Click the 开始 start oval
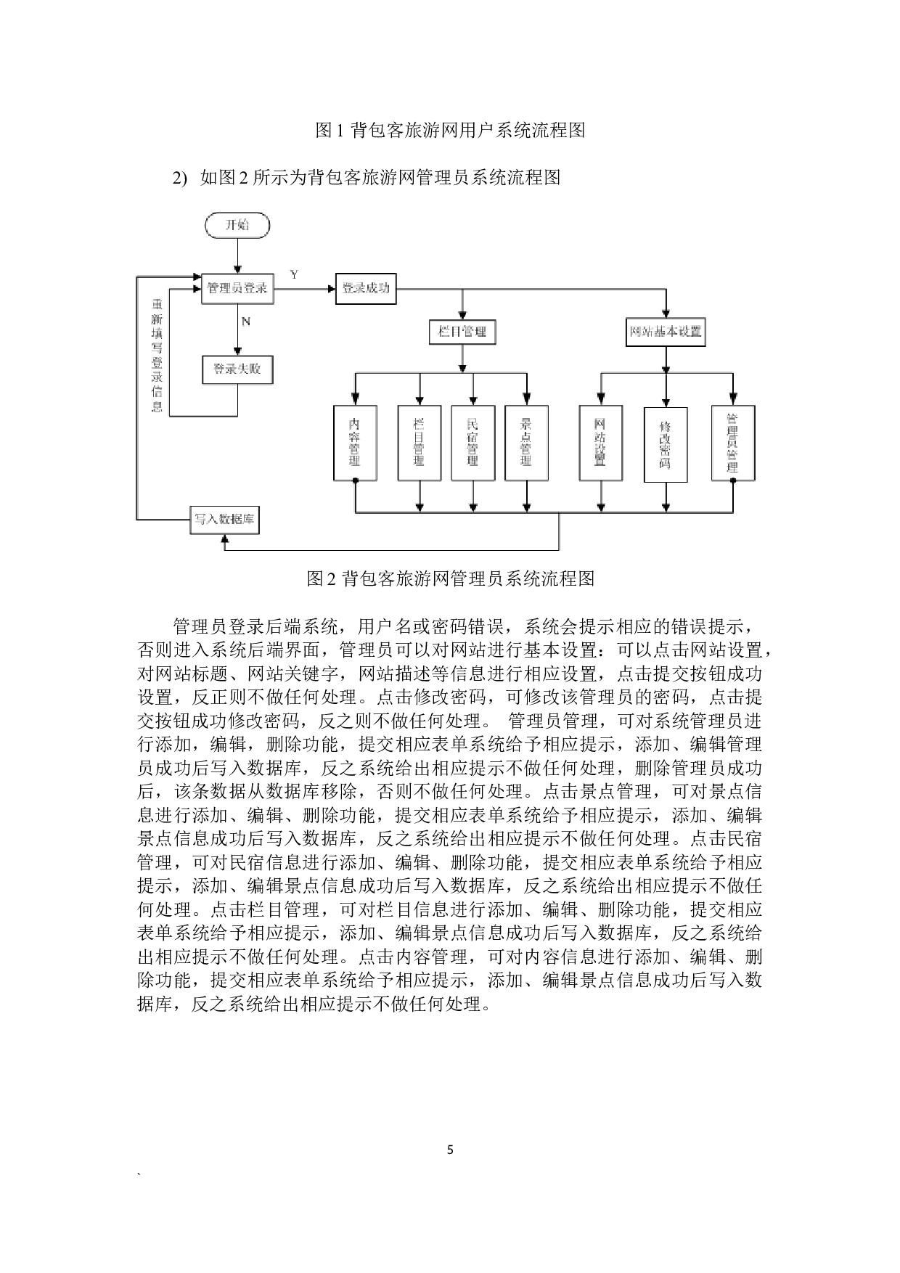pyautogui.click(x=237, y=226)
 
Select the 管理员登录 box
pyautogui.click(x=237, y=288)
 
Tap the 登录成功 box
pyautogui.click(x=366, y=288)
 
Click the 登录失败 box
pyautogui.click(x=237, y=369)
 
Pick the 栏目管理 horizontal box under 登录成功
pyautogui.click(x=462, y=332)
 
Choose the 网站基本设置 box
pyautogui.click(x=666, y=332)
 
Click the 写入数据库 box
pyautogui.click(x=224, y=520)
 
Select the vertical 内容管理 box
pyautogui.click(x=355, y=443)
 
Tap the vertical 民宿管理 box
pyautogui.click(x=473, y=443)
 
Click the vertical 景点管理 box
pyautogui.click(x=526, y=443)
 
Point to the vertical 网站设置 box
pyautogui.click(x=600, y=443)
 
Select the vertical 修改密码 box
pyautogui.click(x=666, y=444)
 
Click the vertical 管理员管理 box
pyautogui.click(x=732, y=443)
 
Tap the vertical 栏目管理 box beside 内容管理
pyautogui.click(x=420, y=443)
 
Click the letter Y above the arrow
pyautogui.click(x=294, y=274)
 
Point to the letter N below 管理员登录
pyautogui.click(x=246, y=322)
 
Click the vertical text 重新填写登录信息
pyautogui.click(x=157, y=355)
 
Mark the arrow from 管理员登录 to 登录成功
pyautogui.click(x=304, y=289)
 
